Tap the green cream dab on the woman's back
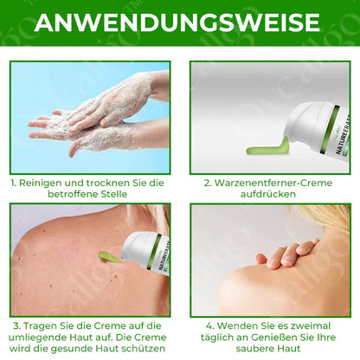(107, 257)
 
